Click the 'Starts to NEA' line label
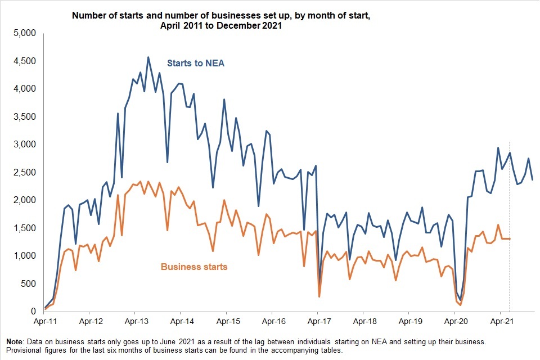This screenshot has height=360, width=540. coord(196,63)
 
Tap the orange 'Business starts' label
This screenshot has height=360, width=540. coord(194,267)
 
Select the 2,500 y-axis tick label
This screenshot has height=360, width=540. coord(24,172)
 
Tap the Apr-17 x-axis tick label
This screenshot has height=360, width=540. coord(317,323)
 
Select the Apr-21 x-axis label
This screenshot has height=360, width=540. coord(501,323)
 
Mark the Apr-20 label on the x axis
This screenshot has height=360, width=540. coord(455,323)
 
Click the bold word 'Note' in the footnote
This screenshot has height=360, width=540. coord(16,342)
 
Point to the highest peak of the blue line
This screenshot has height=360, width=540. coord(148,57)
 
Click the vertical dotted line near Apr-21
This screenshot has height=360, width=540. coord(510,225)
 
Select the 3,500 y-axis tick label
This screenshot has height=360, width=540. coord(24,116)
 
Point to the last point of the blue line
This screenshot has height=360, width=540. coord(533,179)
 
